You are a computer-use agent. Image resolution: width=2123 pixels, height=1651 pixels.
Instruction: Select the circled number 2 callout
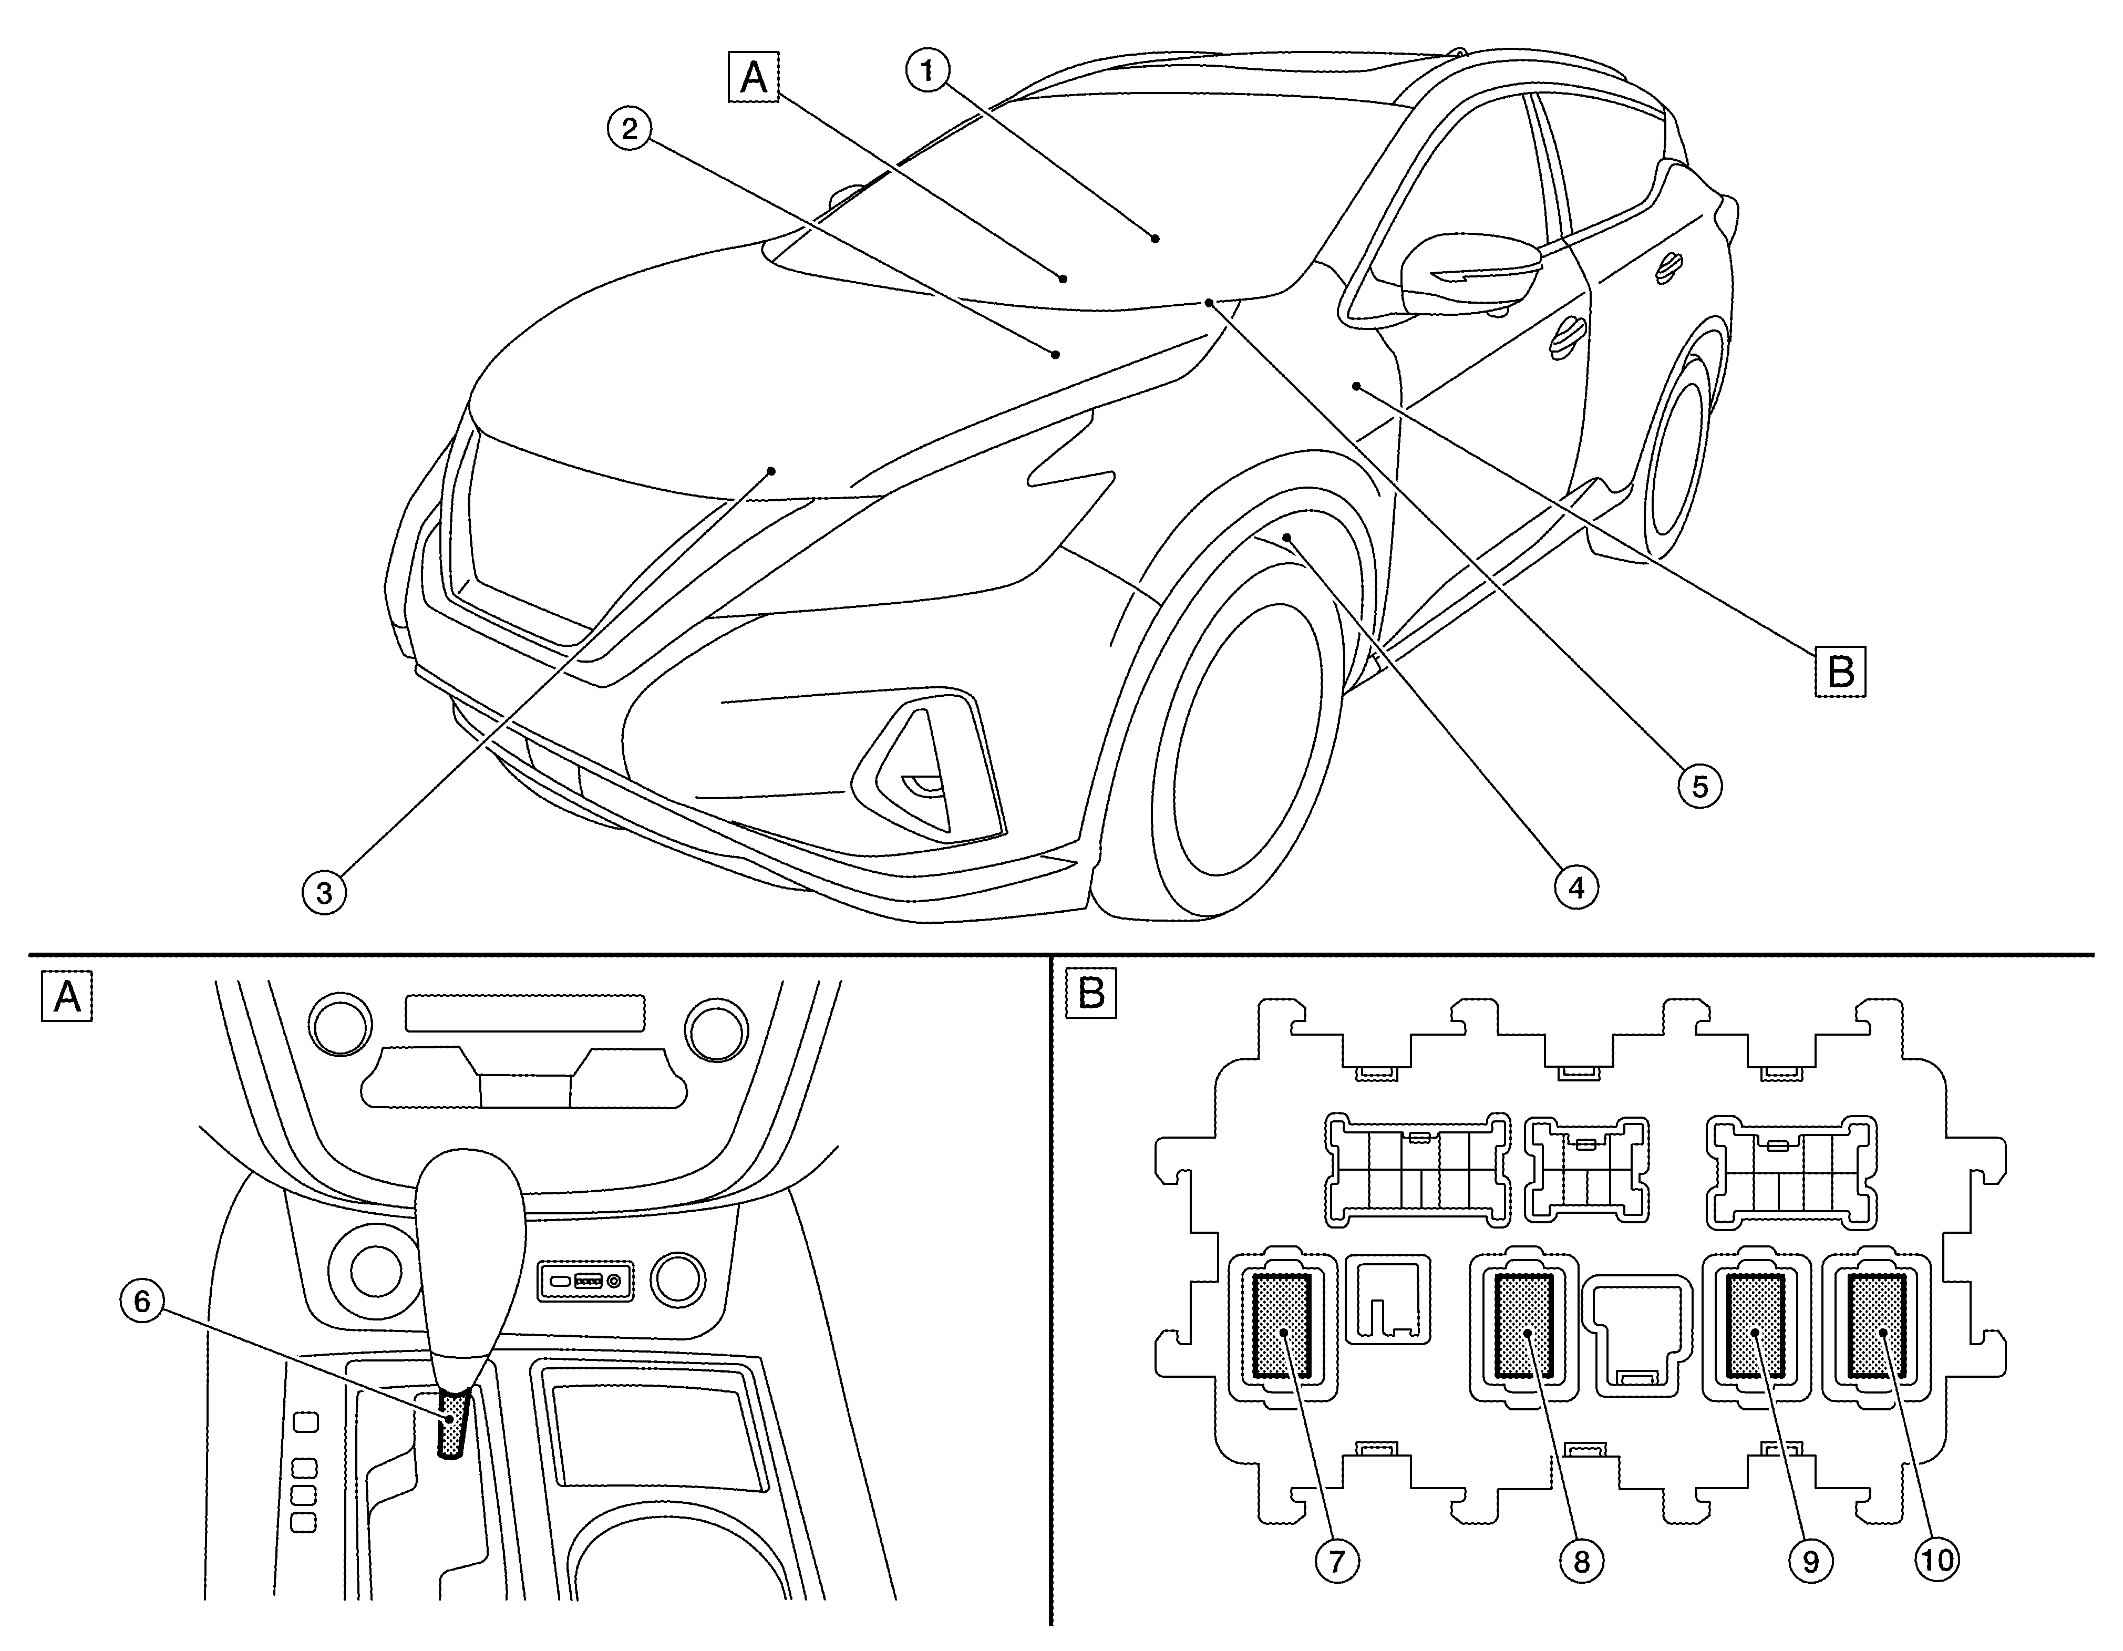(x=630, y=128)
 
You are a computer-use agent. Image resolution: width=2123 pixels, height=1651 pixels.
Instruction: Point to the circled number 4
(x=1576, y=886)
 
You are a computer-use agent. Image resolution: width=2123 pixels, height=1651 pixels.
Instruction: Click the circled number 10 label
(x=1938, y=1561)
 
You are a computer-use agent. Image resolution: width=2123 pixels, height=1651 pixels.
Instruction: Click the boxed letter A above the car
(x=754, y=78)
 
